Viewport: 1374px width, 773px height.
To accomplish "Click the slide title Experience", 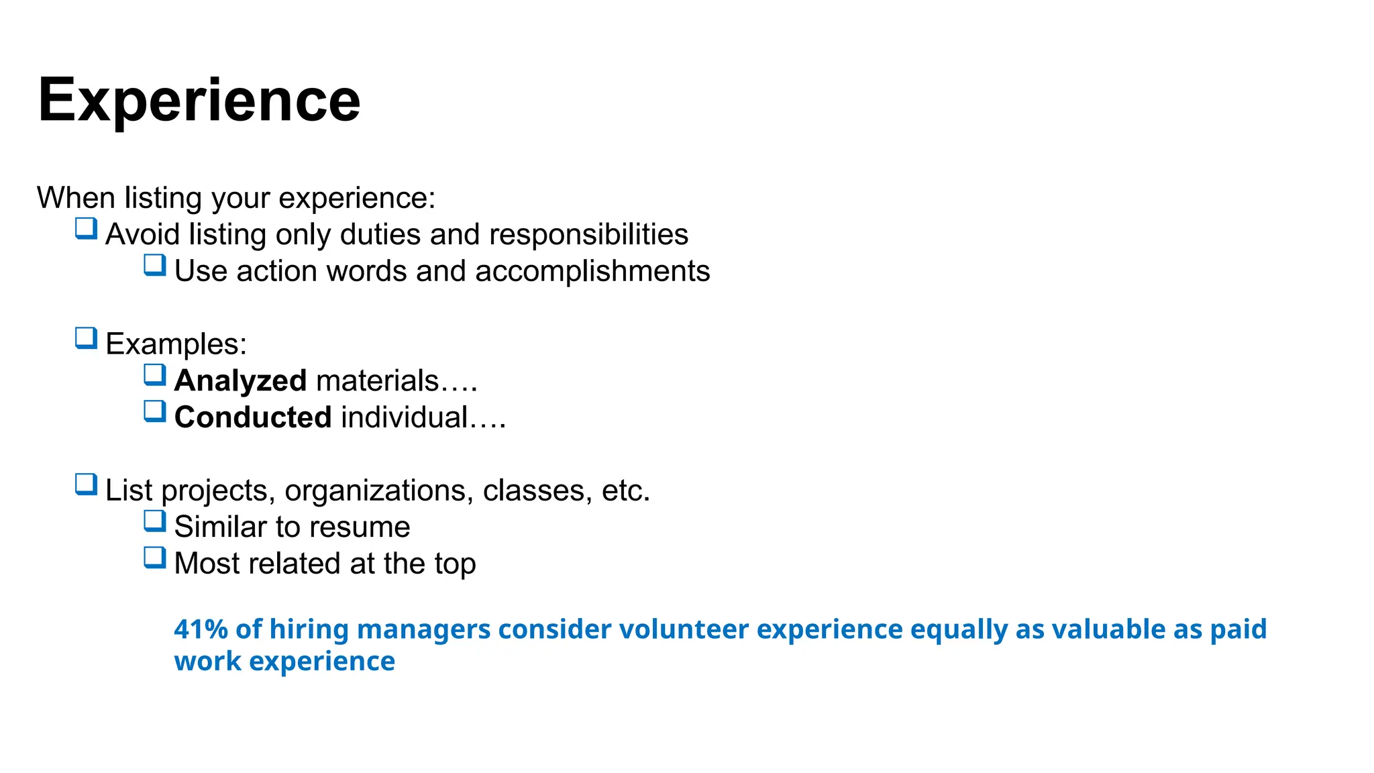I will tap(199, 100).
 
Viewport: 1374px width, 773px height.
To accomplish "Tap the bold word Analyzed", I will tap(240, 380).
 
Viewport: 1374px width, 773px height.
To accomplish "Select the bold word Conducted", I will tap(253, 417).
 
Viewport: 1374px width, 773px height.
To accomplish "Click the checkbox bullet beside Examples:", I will tap(87, 339).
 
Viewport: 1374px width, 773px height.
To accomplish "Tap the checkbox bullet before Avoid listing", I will tap(87, 229).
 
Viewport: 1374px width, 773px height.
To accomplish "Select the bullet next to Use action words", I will tap(155, 266).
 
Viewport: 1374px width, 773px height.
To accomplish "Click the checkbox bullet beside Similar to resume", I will tap(155, 521).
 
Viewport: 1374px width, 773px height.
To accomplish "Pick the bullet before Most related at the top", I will tap(155, 558).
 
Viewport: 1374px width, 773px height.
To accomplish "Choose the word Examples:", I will tap(176, 344).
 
